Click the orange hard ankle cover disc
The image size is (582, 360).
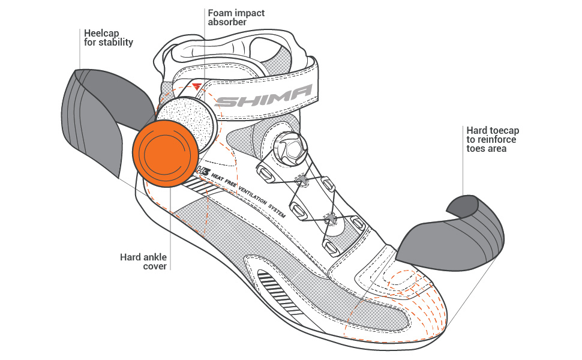tap(166, 153)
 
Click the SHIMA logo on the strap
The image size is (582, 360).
tap(263, 96)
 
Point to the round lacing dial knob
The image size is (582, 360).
tap(290, 148)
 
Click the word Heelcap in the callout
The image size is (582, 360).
tap(101, 33)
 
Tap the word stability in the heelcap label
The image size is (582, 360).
tap(115, 43)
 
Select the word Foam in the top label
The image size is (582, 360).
tap(220, 13)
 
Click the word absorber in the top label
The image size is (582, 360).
tap(227, 22)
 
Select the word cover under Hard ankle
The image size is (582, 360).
tap(155, 266)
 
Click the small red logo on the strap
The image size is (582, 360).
tap(197, 87)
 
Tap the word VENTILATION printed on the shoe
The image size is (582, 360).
tap(253, 195)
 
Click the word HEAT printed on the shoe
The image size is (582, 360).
tap(218, 178)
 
